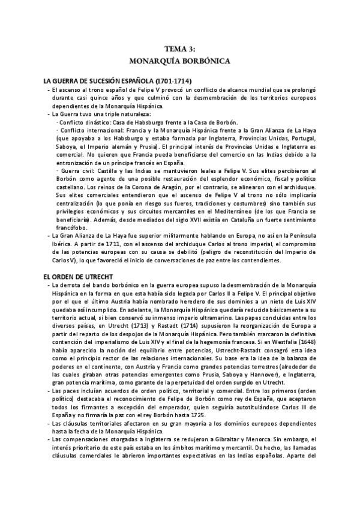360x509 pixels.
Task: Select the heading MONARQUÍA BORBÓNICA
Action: (x=179, y=61)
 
